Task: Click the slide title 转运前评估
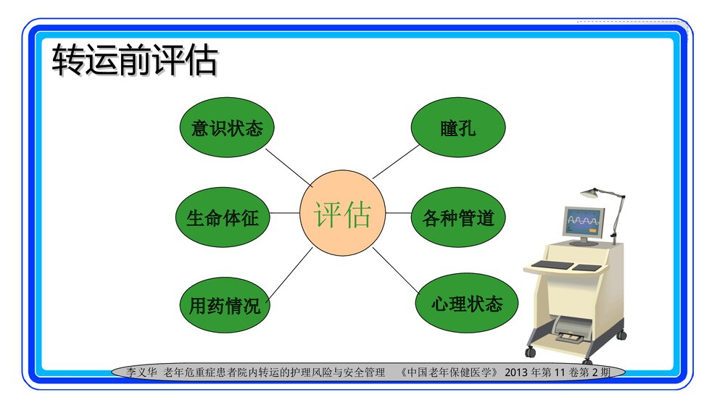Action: (135, 61)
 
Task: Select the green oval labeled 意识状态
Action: (226, 128)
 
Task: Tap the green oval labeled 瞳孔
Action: (457, 128)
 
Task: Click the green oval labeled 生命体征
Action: (223, 217)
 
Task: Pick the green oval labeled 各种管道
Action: (457, 217)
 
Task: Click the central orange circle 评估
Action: (342, 215)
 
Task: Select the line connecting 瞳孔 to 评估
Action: (396, 162)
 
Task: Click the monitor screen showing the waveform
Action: (584, 219)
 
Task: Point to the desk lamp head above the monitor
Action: (591, 193)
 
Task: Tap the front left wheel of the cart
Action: (531, 352)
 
